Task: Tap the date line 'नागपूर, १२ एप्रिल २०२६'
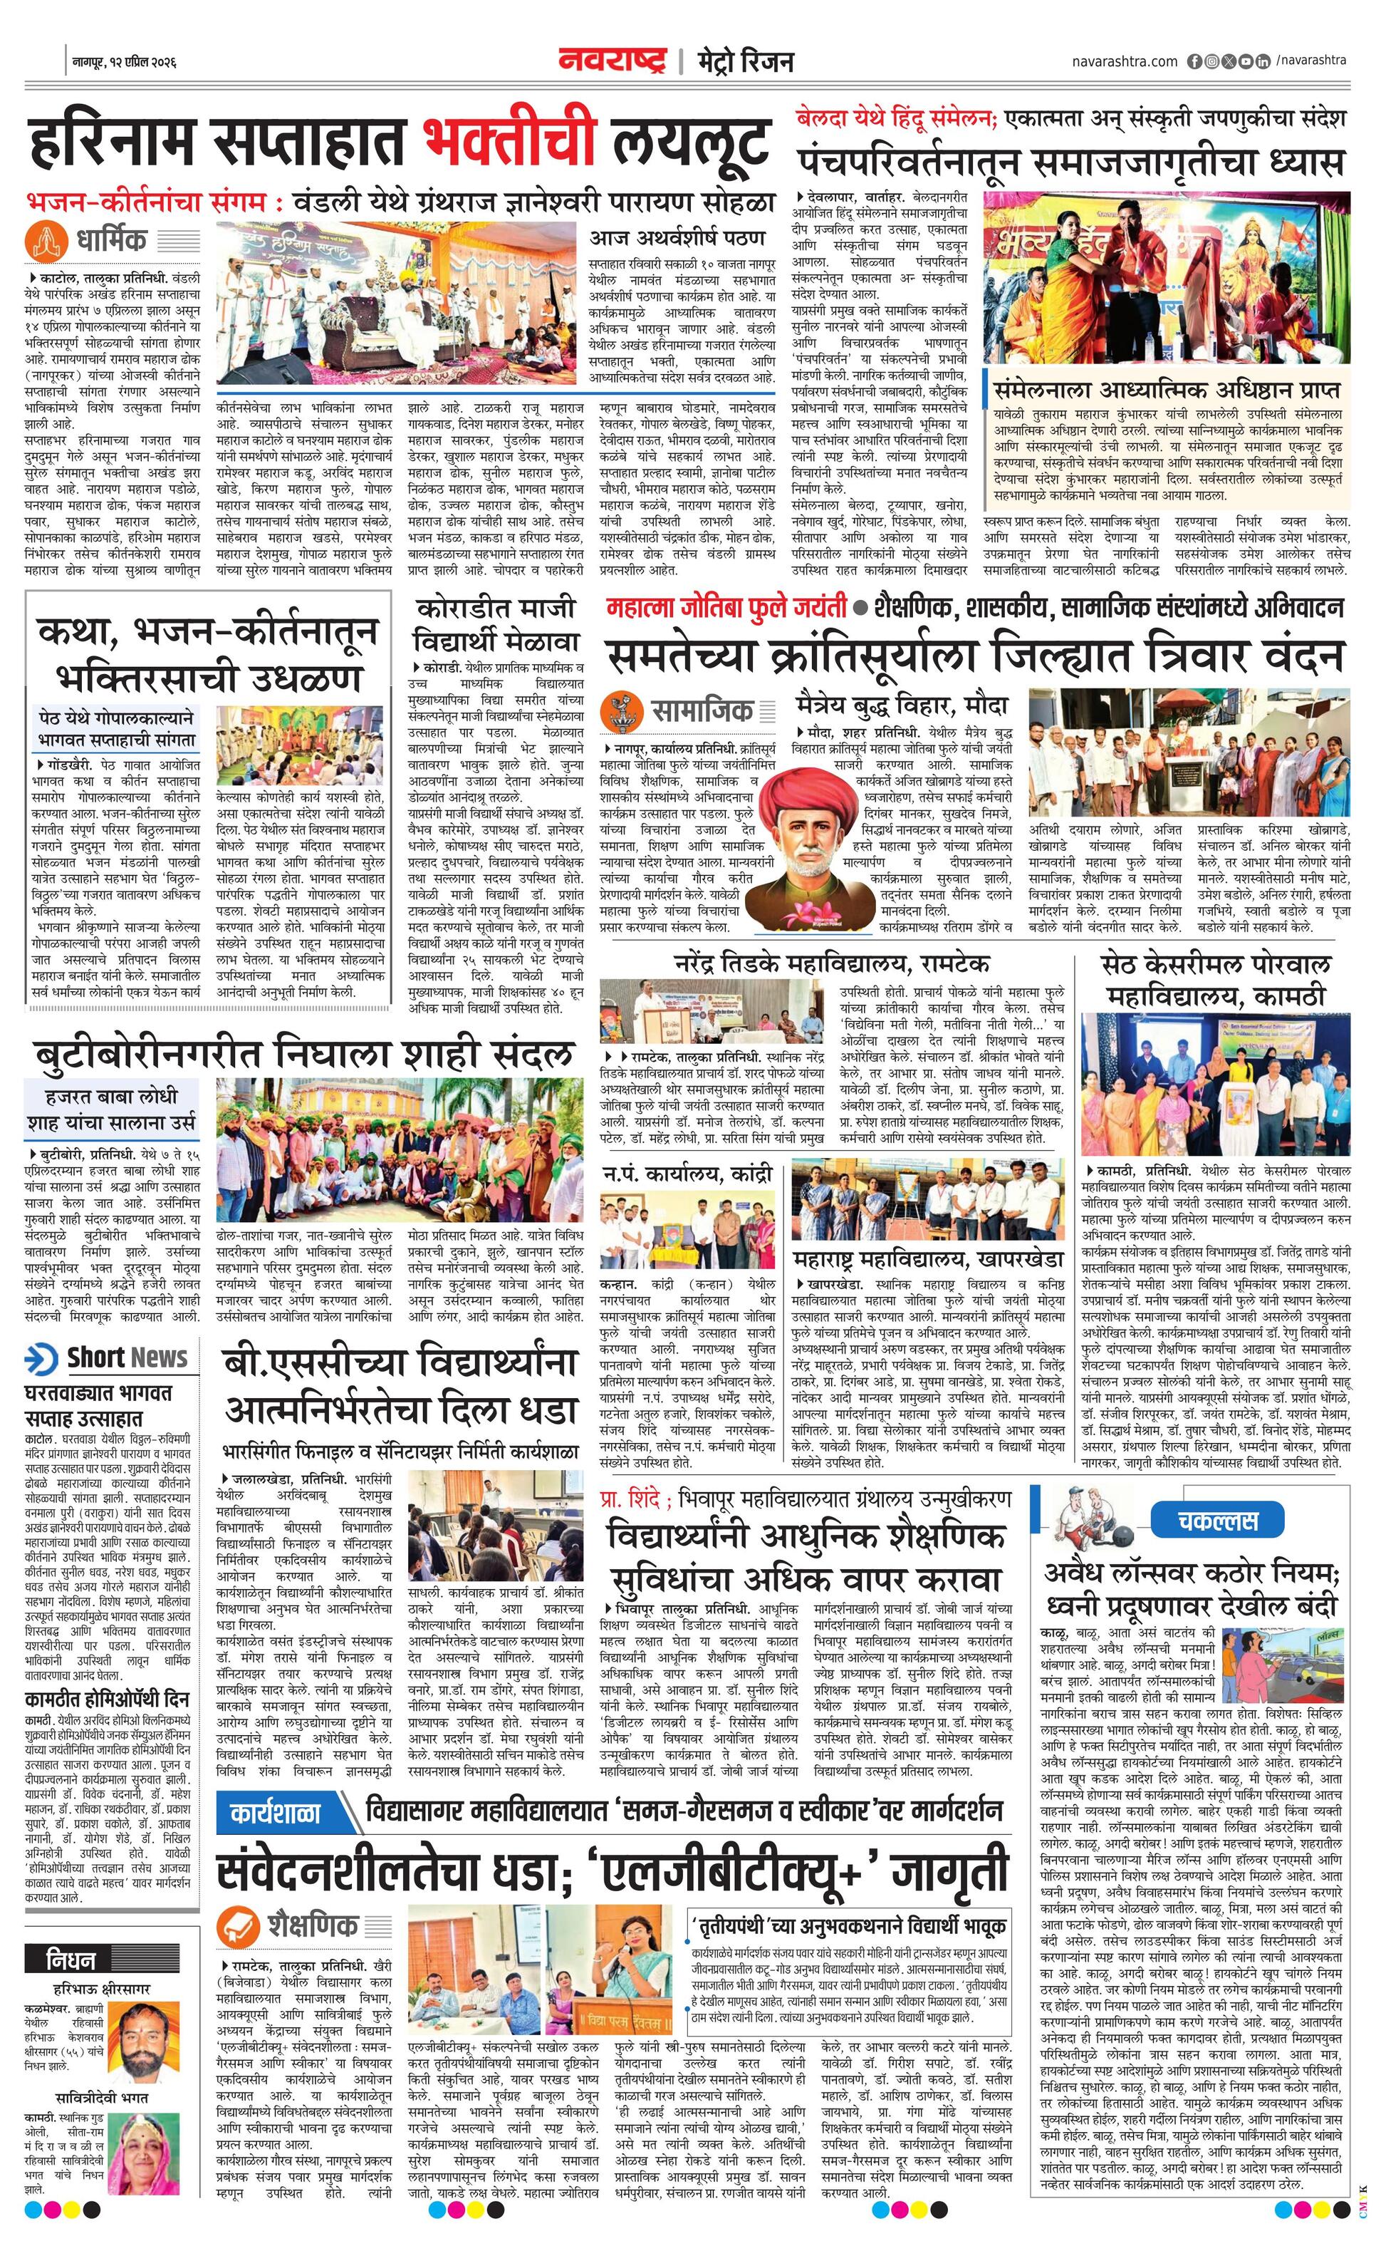click(125, 63)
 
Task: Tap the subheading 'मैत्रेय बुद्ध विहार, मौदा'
click(902, 705)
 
